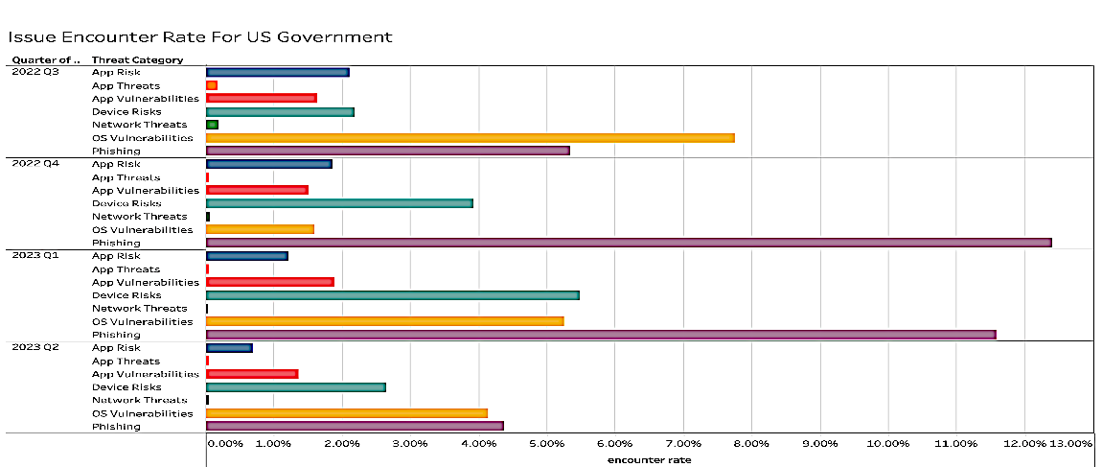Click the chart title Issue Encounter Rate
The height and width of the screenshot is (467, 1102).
point(199,37)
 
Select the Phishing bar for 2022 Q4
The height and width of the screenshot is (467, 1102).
point(629,243)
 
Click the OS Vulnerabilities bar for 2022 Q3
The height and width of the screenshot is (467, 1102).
point(470,138)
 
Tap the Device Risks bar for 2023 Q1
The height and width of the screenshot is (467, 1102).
point(392,295)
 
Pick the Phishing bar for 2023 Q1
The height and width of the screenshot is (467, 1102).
point(601,335)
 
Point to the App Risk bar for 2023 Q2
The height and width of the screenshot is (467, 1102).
point(229,348)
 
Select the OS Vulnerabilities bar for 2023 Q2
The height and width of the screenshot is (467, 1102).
point(346,413)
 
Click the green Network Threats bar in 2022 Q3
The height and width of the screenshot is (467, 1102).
point(212,125)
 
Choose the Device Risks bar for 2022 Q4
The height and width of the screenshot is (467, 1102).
point(339,203)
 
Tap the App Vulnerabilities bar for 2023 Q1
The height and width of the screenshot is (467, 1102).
point(269,282)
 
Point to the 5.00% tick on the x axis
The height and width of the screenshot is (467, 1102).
point(545,444)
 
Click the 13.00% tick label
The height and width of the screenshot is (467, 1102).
point(1070,444)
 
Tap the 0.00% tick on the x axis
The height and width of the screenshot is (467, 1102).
point(225,444)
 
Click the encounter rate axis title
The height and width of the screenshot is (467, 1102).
point(649,459)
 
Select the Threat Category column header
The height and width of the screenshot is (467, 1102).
point(137,60)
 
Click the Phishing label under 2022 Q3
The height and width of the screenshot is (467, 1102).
point(116,152)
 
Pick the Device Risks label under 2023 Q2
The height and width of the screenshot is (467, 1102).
point(126,387)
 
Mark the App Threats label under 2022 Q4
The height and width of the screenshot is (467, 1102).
point(126,177)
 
